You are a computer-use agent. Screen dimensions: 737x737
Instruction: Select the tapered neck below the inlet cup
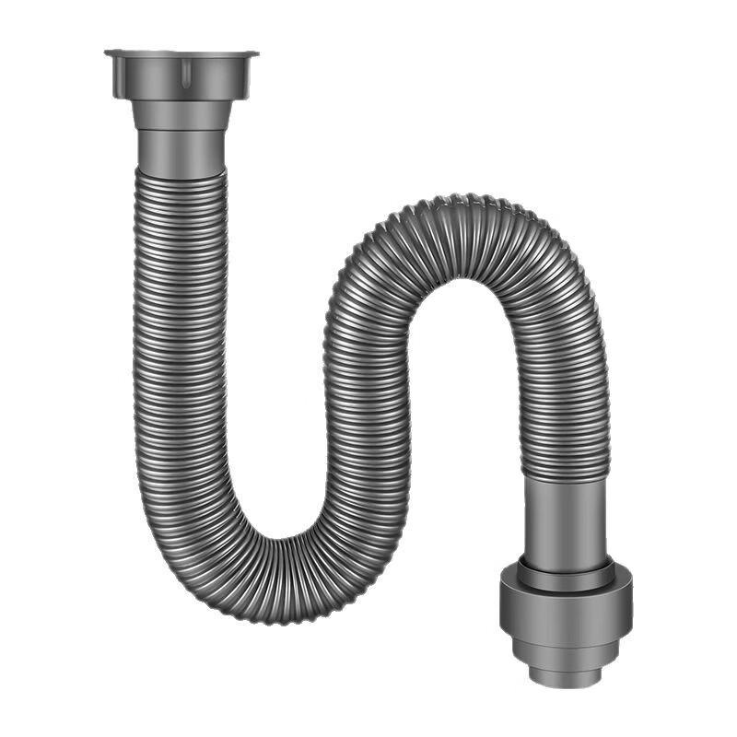(x=181, y=115)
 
